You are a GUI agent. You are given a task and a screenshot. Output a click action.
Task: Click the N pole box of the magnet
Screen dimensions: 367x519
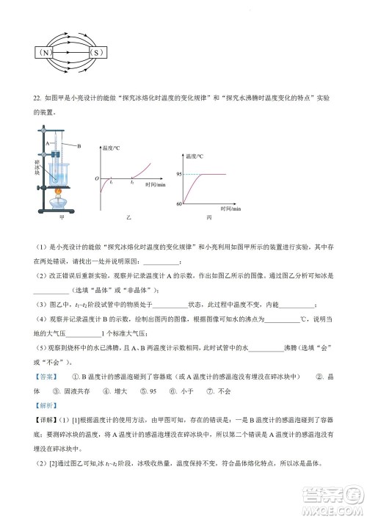point(46,53)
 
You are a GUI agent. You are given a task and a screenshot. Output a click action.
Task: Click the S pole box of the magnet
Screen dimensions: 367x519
point(96,53)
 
